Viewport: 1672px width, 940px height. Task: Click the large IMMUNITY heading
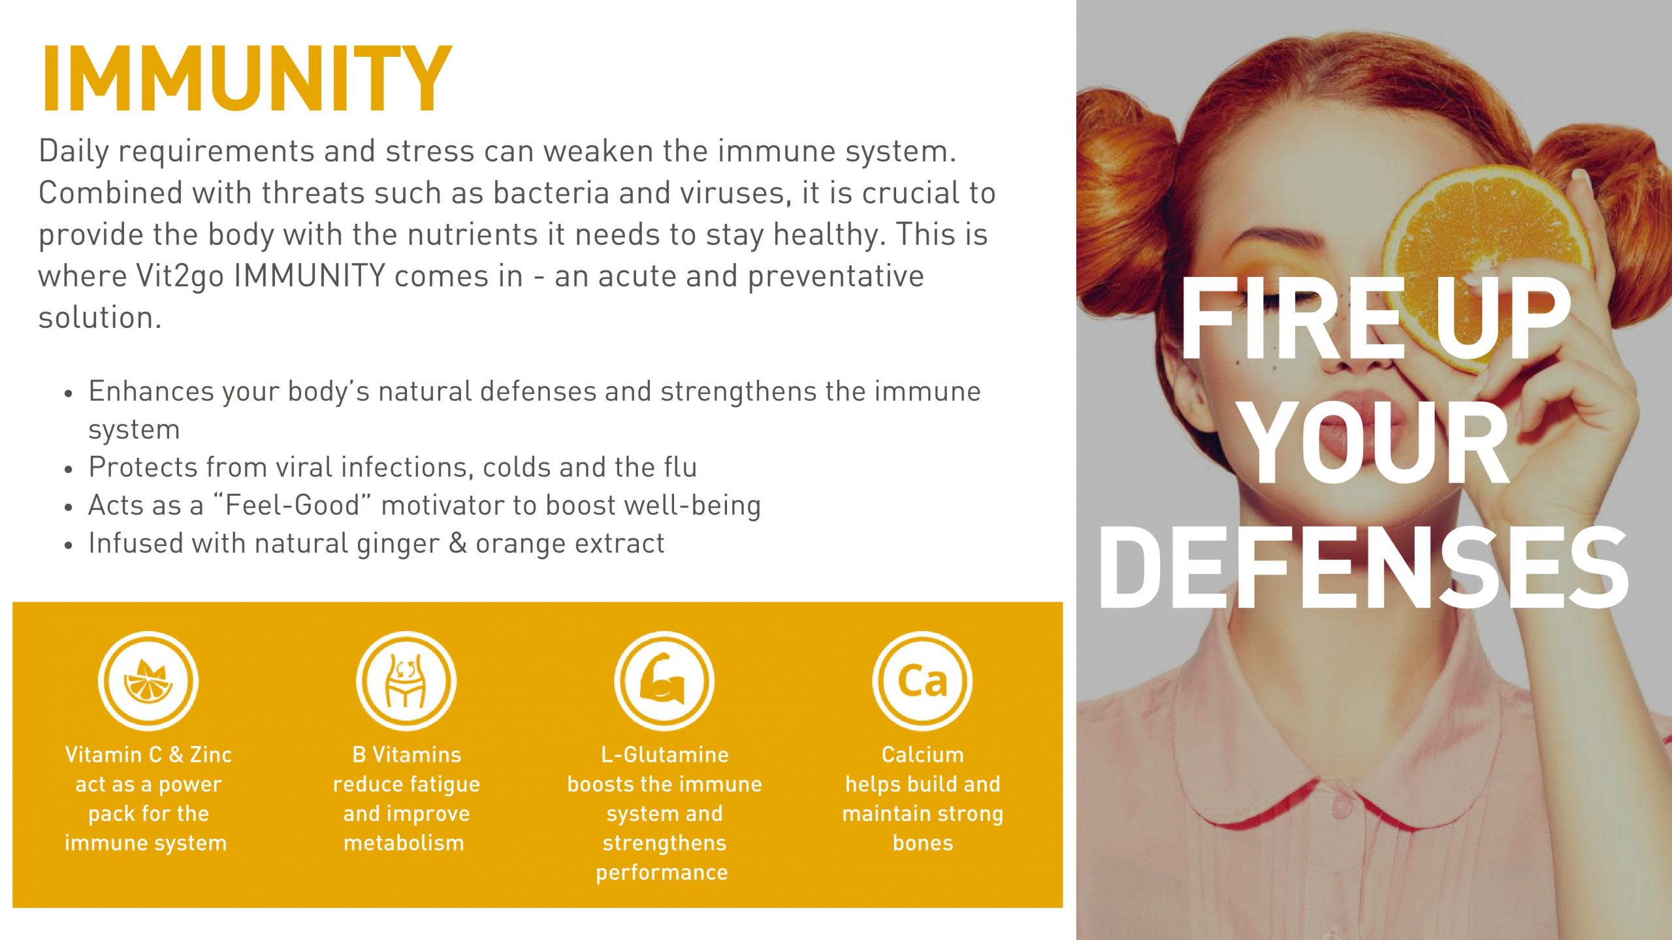click(x=246, y=80)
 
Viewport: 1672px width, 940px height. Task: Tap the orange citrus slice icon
click(x=148, y=681)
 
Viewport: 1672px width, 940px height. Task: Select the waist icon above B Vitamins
click(x=406, y=681)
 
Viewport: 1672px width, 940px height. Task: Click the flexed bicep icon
click(x=664, y=681)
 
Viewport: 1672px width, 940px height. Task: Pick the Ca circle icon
click(x=922, y=681)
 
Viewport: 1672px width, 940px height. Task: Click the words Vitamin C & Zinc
click(x=148, y=754)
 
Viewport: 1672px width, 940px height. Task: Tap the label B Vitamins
click(x=406, y=754)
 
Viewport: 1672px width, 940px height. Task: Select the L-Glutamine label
click(x=664, y=754)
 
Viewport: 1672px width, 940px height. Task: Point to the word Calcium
click(x=922, y=754)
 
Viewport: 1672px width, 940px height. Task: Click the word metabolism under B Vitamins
click(x=404, y=843)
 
